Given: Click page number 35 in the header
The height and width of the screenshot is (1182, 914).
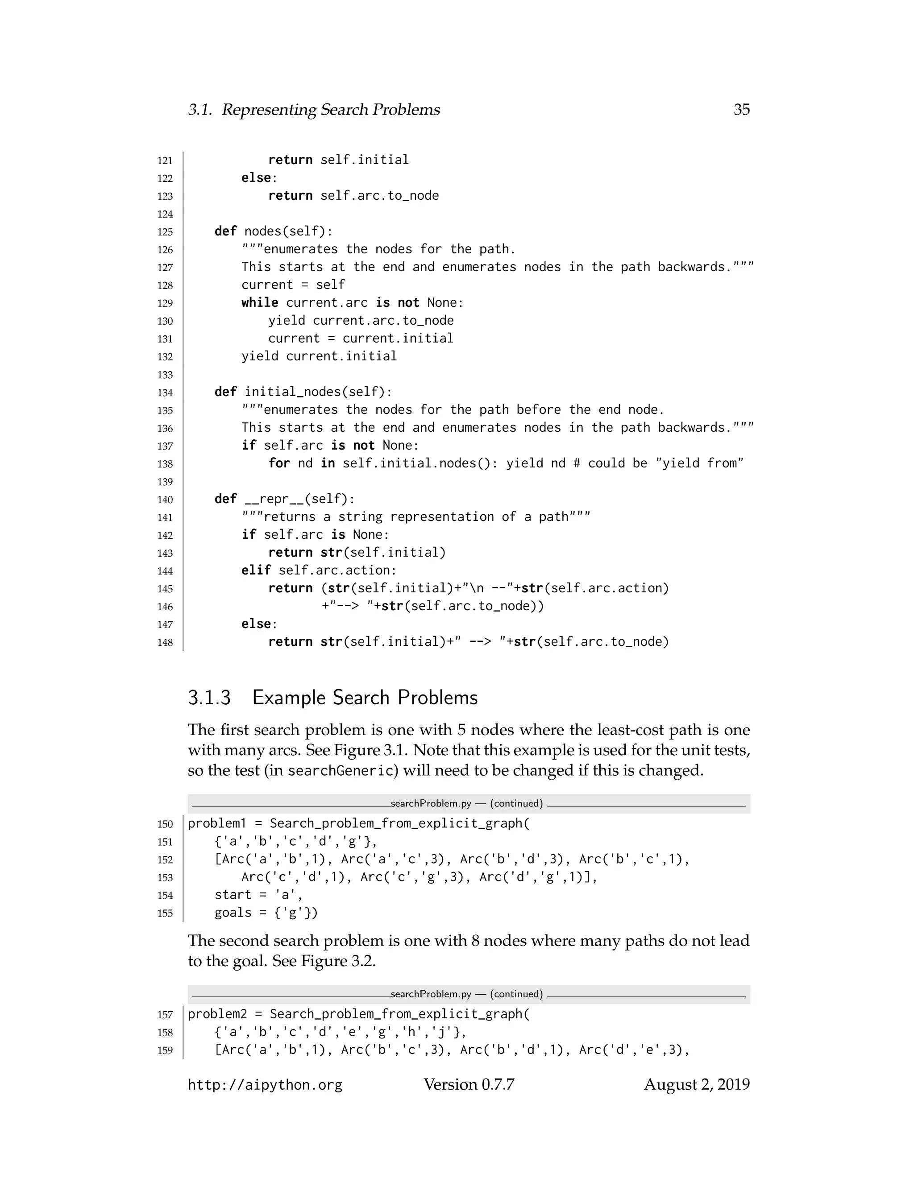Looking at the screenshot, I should pos(741,110).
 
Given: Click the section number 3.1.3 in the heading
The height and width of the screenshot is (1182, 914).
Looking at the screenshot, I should pos(209,698).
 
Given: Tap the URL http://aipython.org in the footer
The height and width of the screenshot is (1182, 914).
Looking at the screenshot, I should pos(265,1085).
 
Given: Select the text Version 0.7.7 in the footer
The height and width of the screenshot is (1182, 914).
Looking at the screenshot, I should pos(469,1085).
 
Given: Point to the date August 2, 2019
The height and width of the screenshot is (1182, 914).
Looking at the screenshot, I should pos(696,1085).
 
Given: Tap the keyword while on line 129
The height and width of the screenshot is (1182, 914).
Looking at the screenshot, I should pos(260,302).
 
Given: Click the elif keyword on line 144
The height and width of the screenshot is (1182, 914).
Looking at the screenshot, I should pos(256,570).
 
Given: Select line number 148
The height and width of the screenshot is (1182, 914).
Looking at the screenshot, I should pos(165,642).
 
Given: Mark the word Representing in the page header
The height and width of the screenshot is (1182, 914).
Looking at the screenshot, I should pos(269,110).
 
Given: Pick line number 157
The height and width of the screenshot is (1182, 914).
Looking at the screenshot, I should pos(165,1015).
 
